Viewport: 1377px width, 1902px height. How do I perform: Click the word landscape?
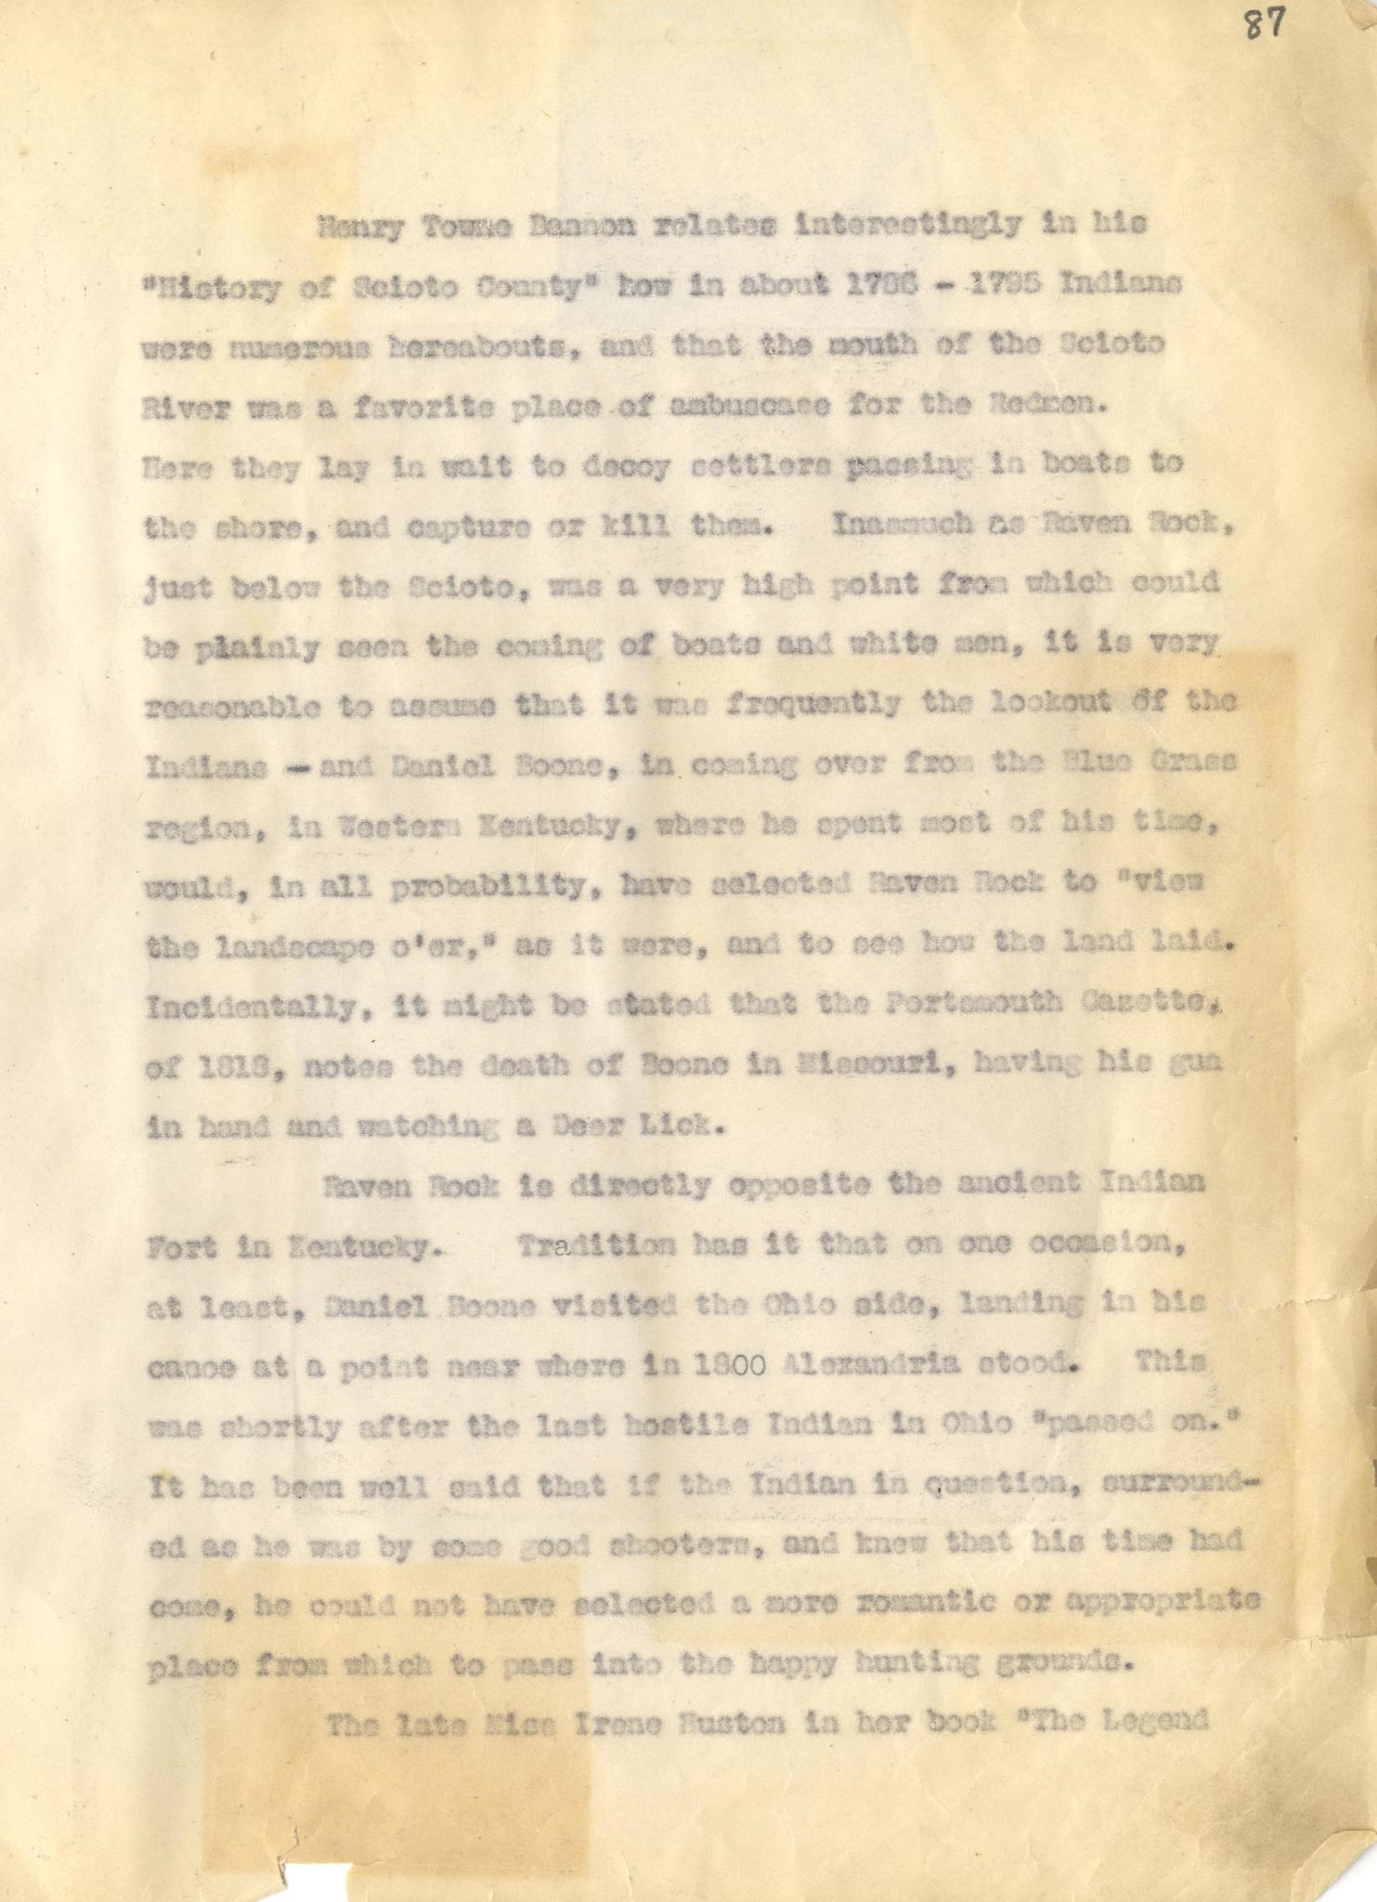312,946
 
